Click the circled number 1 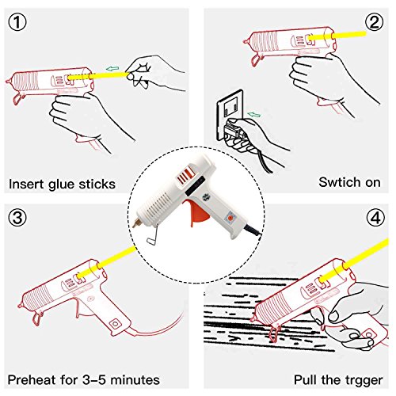(17, 22)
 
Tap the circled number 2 (375, 22)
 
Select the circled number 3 (17, 218)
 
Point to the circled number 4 (375, 218)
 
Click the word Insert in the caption (26, 184)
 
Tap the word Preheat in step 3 (32, 380)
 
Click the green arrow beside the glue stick (112, 69)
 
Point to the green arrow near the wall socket (254, 115)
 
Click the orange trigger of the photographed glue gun (197, 212)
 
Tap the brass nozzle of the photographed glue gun (137, 223)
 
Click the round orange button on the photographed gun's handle (230, 218)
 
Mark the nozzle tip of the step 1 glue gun (7, 82)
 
